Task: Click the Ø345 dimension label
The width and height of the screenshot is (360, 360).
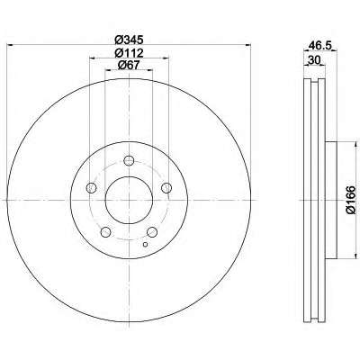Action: tap(129, 39)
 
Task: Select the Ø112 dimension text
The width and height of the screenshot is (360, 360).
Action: tap(129, 53)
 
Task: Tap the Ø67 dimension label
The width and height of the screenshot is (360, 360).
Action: tap(129, 65)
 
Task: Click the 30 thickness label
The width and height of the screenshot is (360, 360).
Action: tap(313, 60)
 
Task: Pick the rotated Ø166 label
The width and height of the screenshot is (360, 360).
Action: tap(351, 200)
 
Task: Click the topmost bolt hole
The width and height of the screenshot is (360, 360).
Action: tap(129, 161)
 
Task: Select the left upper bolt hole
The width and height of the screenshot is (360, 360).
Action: tap(91, 188)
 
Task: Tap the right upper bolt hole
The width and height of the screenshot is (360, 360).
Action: tap(166, 188)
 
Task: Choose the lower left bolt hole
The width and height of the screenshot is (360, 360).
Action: tap(105, 232)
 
